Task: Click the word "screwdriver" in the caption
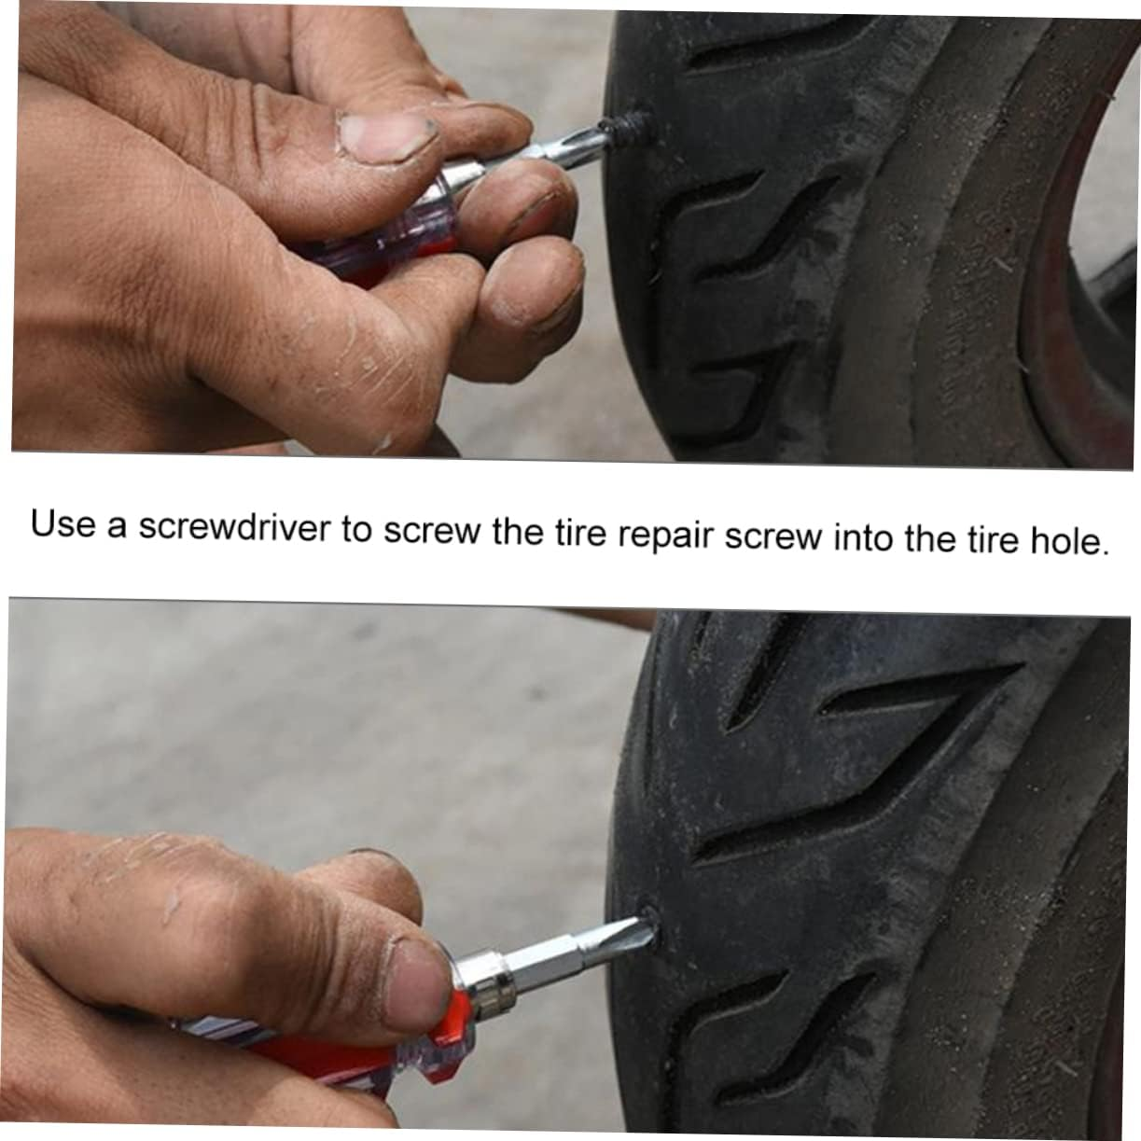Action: (234, 527)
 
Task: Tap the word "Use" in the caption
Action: (63, 523)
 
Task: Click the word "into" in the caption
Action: (863, 538)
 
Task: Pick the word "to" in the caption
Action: (355, 530)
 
